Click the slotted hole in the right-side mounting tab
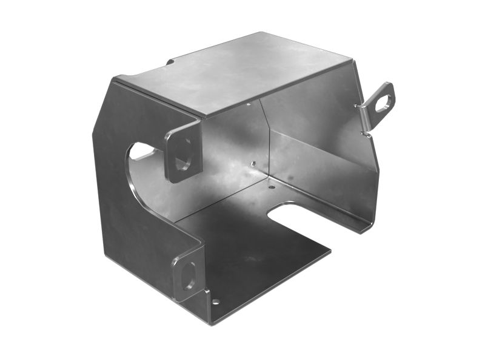coord(382,104)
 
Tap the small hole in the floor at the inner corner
coord(271,187)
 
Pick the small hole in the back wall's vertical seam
coord(252,163)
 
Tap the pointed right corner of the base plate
coord(331,249)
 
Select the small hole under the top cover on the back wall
coord(248,104)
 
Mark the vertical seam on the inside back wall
coord(266,140)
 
